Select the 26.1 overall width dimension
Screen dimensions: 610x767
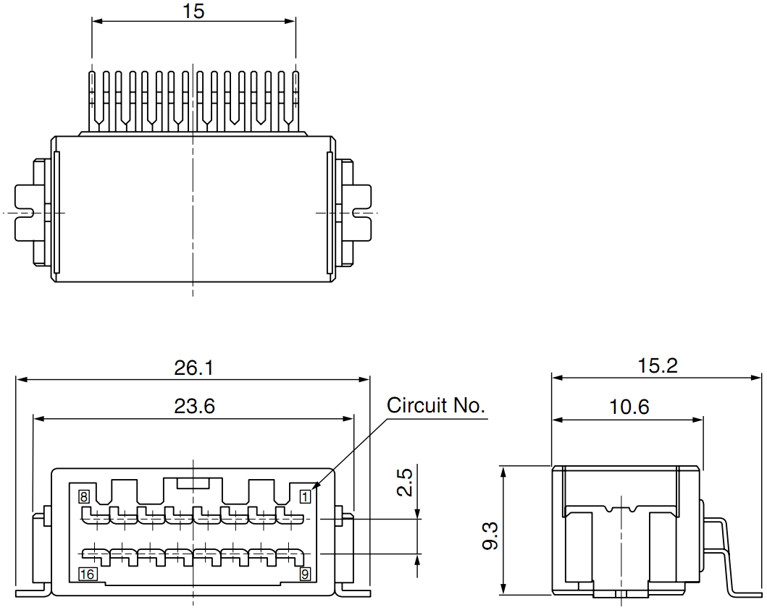coord(193,368)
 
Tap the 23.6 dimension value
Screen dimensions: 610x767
coord(194,407)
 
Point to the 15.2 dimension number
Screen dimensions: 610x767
coord(657,366)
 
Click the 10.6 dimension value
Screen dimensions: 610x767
coord(629,407)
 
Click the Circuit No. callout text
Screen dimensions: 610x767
coord(435,405)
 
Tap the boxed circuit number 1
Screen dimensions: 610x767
coord(305,496)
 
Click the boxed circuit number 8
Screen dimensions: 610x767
coord(84,496)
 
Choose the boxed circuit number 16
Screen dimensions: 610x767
coord(87,575)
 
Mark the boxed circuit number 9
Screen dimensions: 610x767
coord(305,575)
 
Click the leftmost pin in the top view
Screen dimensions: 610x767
coord(93,98)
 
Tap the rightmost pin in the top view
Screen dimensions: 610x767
coord(296,98)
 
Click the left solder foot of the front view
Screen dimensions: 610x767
coord(33,590)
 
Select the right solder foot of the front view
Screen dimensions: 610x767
coord(355,590)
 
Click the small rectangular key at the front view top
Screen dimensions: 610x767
coord(193,482)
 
